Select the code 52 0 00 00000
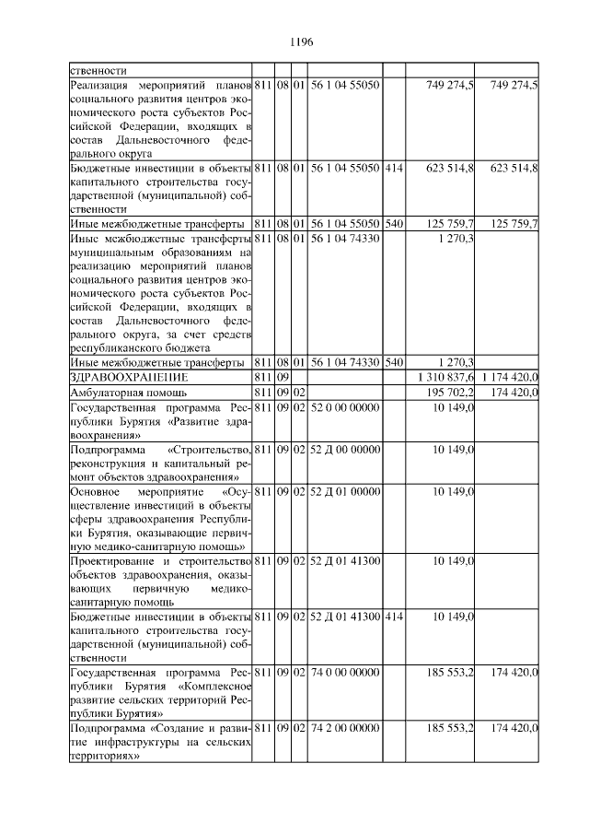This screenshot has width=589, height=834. tap(344, 407)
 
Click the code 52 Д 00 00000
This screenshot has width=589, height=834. tap(345, 450)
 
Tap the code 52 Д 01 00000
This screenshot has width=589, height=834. tap(345, 492)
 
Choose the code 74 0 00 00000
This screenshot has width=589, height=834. tap(344, 674)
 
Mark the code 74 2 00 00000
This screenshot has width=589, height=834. tap(344, 730)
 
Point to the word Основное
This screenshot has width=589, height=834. tap(97, 492)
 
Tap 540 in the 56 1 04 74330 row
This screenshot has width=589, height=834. tap(393, 363)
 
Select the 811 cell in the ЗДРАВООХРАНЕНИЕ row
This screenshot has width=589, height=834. tap(263, 378)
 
